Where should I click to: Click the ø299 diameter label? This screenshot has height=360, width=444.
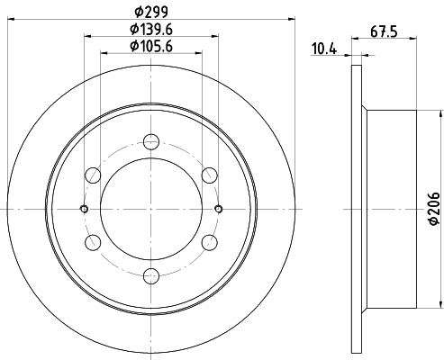[x=150, y=11]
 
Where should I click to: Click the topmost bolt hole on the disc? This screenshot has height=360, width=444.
[x=151, y=140]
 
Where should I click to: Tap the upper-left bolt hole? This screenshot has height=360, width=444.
[x=93, y=175]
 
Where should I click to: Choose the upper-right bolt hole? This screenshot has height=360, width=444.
[x=210, y=175]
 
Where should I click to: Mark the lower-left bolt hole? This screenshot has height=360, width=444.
[x=93, y=242]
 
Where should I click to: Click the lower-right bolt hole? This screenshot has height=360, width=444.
[x=210, y=242]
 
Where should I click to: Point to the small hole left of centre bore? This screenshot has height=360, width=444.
[x=85, y=209]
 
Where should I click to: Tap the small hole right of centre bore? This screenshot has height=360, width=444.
[x=219, y=209]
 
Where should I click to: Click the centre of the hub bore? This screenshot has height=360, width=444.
[x=151, y=209]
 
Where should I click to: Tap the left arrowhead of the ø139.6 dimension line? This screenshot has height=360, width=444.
[x=88, y=37]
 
